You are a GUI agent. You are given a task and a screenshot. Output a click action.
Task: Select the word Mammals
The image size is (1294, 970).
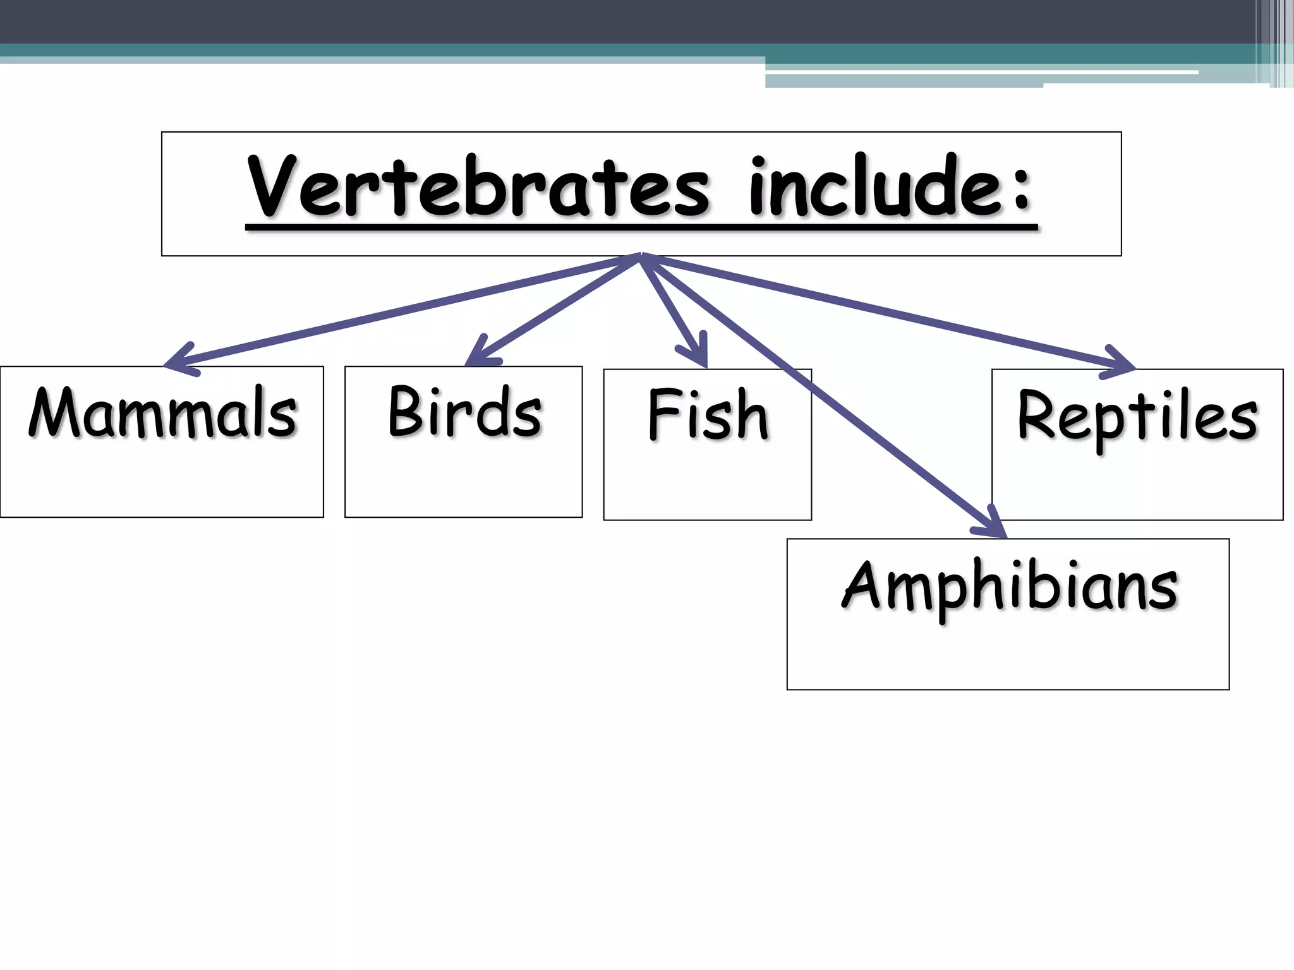162,413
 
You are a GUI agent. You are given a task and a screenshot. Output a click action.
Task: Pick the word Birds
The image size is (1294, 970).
464,412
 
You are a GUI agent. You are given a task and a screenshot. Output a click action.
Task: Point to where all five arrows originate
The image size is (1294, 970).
641,255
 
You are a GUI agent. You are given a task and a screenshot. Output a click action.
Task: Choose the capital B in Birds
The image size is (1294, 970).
404,412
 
